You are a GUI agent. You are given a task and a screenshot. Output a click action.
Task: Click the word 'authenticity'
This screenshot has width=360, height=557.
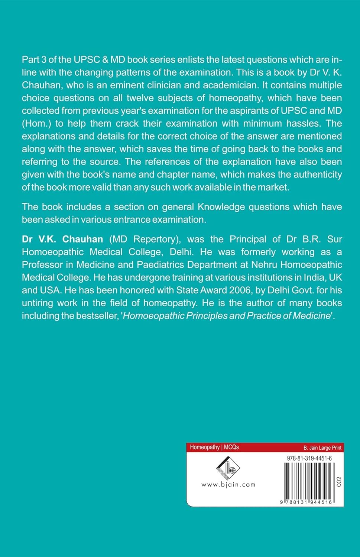318,175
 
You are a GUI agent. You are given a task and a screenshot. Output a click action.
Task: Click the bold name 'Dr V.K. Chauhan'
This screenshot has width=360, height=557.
62,239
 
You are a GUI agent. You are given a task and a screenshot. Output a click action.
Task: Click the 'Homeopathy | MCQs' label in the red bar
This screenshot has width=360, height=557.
214,447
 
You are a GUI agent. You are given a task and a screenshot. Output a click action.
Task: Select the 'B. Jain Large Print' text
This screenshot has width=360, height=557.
322,448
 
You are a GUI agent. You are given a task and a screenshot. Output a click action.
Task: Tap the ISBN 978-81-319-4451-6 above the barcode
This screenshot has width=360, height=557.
309,458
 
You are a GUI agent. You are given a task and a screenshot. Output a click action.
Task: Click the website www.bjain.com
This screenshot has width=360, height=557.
228,485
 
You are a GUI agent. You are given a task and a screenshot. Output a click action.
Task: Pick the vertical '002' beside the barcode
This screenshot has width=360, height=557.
338,481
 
